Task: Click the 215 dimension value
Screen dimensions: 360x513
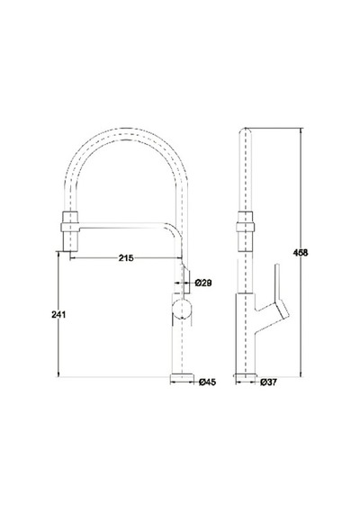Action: click(126, 258)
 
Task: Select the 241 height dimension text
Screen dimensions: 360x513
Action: click(58, 315)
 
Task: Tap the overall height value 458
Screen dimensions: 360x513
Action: click(301, 253)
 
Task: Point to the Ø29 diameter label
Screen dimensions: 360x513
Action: click(203, 283)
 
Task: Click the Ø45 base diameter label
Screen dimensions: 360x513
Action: click(208, 382)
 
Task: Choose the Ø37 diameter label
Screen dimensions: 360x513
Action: click(268, 382)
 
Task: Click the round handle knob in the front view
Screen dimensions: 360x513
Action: click(182, 308)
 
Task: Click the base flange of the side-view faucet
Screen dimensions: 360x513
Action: click(245, 375)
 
